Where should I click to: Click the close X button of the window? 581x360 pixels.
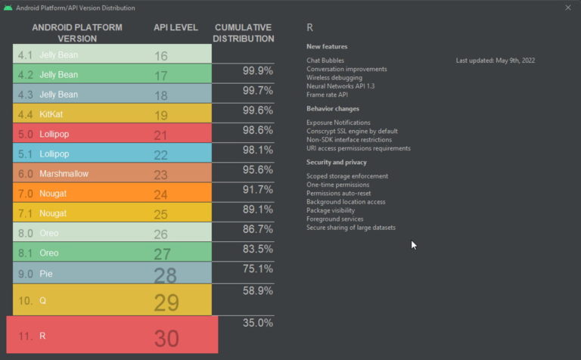coord(568,8)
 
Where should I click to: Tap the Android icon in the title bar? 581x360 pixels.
coord(8,8)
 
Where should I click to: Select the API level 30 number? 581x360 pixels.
coord(166,338)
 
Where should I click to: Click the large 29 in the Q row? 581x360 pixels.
coord(166,303)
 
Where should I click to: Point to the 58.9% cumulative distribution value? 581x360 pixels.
coord(257,290)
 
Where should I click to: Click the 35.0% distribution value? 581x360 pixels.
coord(257,322)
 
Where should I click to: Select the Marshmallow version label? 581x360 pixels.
coord(64,173)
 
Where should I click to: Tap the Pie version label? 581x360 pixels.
coord(46,273)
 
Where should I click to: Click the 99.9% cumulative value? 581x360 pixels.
coord(257,70)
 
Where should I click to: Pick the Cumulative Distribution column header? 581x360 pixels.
coord(244,33)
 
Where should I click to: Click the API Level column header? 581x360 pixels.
coord(176,28)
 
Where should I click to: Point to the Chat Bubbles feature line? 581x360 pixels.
coord(325,60)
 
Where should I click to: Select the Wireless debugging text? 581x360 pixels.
coord(334,77)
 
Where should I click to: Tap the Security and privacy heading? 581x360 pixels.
coord(337,162)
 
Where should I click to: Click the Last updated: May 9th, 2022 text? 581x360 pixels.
coord(496,60)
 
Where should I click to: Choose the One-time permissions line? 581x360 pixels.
coord(338,185)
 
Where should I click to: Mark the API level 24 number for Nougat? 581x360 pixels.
coord(161,194)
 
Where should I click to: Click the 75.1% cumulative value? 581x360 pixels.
coord(257,268)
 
